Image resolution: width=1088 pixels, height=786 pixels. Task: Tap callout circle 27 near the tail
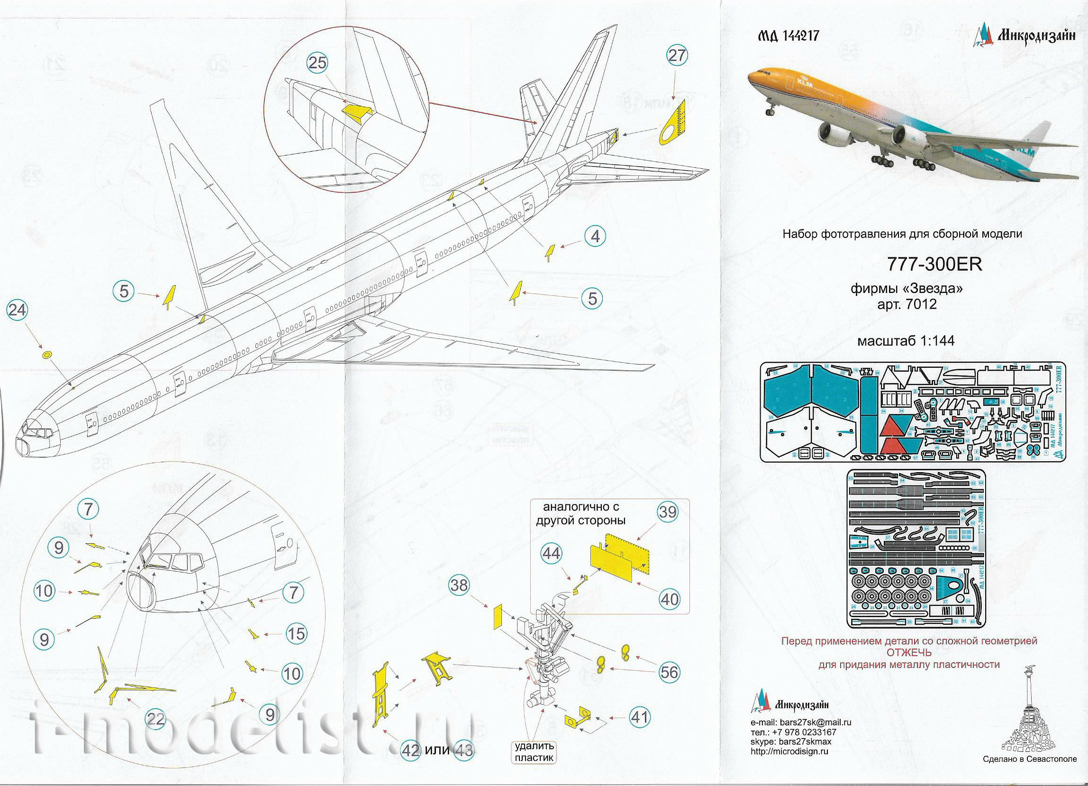[677, 56]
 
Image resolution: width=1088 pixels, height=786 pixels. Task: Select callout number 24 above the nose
[18, 311]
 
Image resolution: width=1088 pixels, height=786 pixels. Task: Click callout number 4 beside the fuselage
[595, 236]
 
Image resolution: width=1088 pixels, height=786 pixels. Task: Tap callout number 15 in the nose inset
[296, 634]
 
